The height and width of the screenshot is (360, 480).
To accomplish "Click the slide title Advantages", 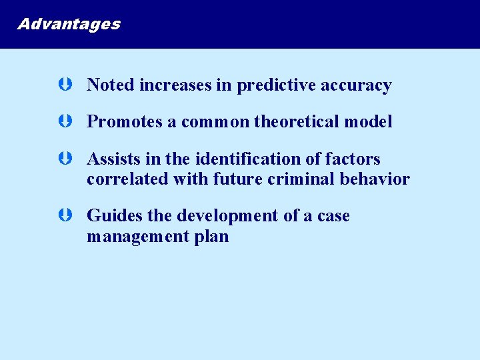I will point(69,25).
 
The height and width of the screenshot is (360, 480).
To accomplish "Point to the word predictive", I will point(276,86).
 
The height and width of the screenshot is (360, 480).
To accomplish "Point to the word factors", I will point(354,159).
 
